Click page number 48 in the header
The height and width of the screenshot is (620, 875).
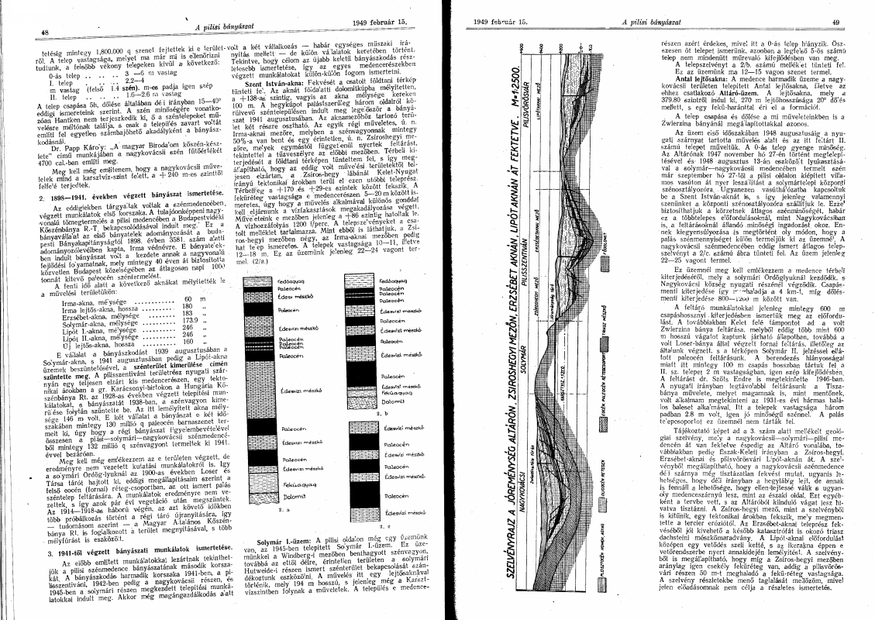[x=45, y=32]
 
